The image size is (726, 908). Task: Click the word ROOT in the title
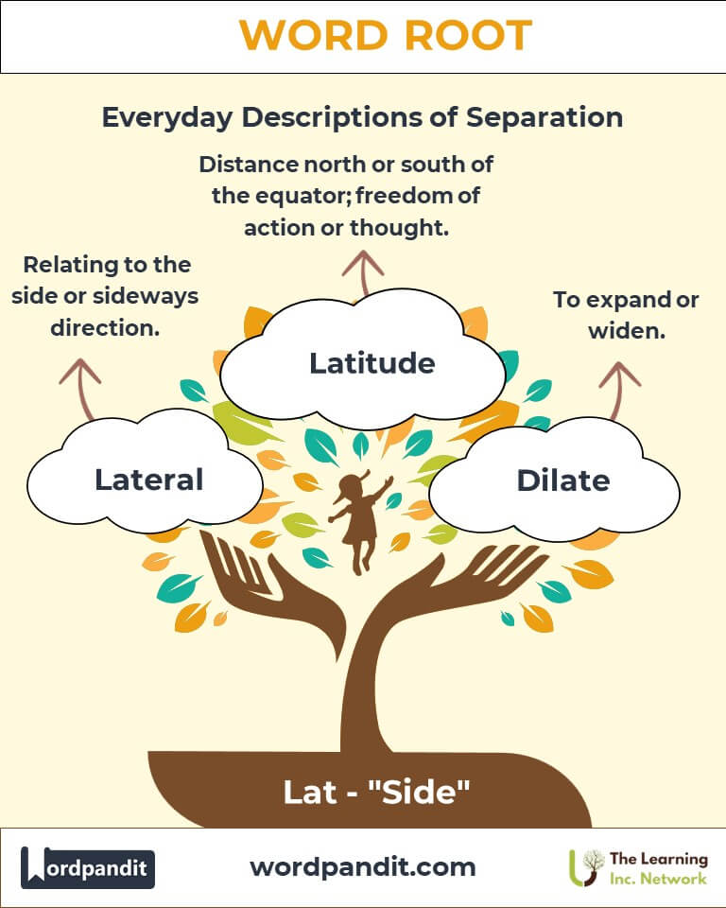click(461, 36)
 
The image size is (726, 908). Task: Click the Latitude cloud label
click(372, 362)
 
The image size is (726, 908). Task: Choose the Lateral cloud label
click(148, 480)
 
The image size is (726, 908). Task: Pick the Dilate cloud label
click(562, 480)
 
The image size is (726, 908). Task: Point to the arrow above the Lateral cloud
click(80, 389)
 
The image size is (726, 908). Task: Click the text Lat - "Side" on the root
click(376, 792)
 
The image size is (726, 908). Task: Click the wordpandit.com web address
click(362, 866)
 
